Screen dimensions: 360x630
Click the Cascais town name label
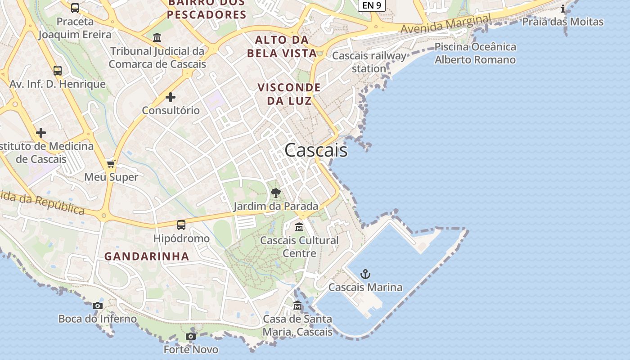coord(316,150)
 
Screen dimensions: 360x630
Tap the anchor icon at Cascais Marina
coord(365,274)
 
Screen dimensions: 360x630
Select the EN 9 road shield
coord(371,5)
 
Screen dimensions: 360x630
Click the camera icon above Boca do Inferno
coord(98,306)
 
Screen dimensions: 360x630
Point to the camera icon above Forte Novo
coord(191,336)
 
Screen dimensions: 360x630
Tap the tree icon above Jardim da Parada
coord(276,193)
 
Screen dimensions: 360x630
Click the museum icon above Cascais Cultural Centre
coord(299,227)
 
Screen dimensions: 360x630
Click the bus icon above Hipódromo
coord(181,225)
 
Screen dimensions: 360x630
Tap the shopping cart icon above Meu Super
coord(111,164)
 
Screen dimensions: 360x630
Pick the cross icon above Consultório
coord(171,97)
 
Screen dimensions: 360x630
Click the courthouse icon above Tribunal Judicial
coord(157,38)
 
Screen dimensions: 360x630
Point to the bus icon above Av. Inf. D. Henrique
coord(58,71)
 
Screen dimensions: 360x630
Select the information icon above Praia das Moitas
coord(563,9)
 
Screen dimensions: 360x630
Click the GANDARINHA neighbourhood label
coord(147,256)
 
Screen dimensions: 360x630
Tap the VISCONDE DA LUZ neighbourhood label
coord(289,94)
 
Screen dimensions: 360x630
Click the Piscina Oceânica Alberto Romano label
coord(475,53)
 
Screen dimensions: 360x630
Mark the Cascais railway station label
coord(369,62)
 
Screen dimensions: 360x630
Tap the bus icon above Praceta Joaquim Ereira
coord(75,8)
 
